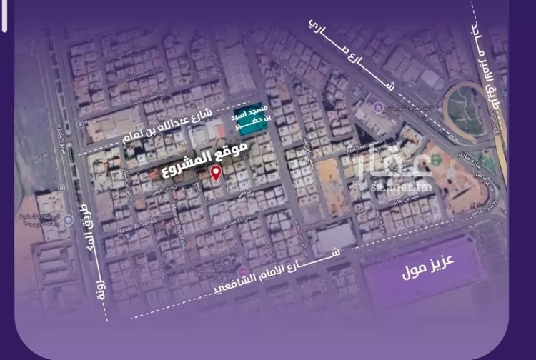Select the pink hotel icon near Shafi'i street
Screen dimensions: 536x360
coord(243,272)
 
